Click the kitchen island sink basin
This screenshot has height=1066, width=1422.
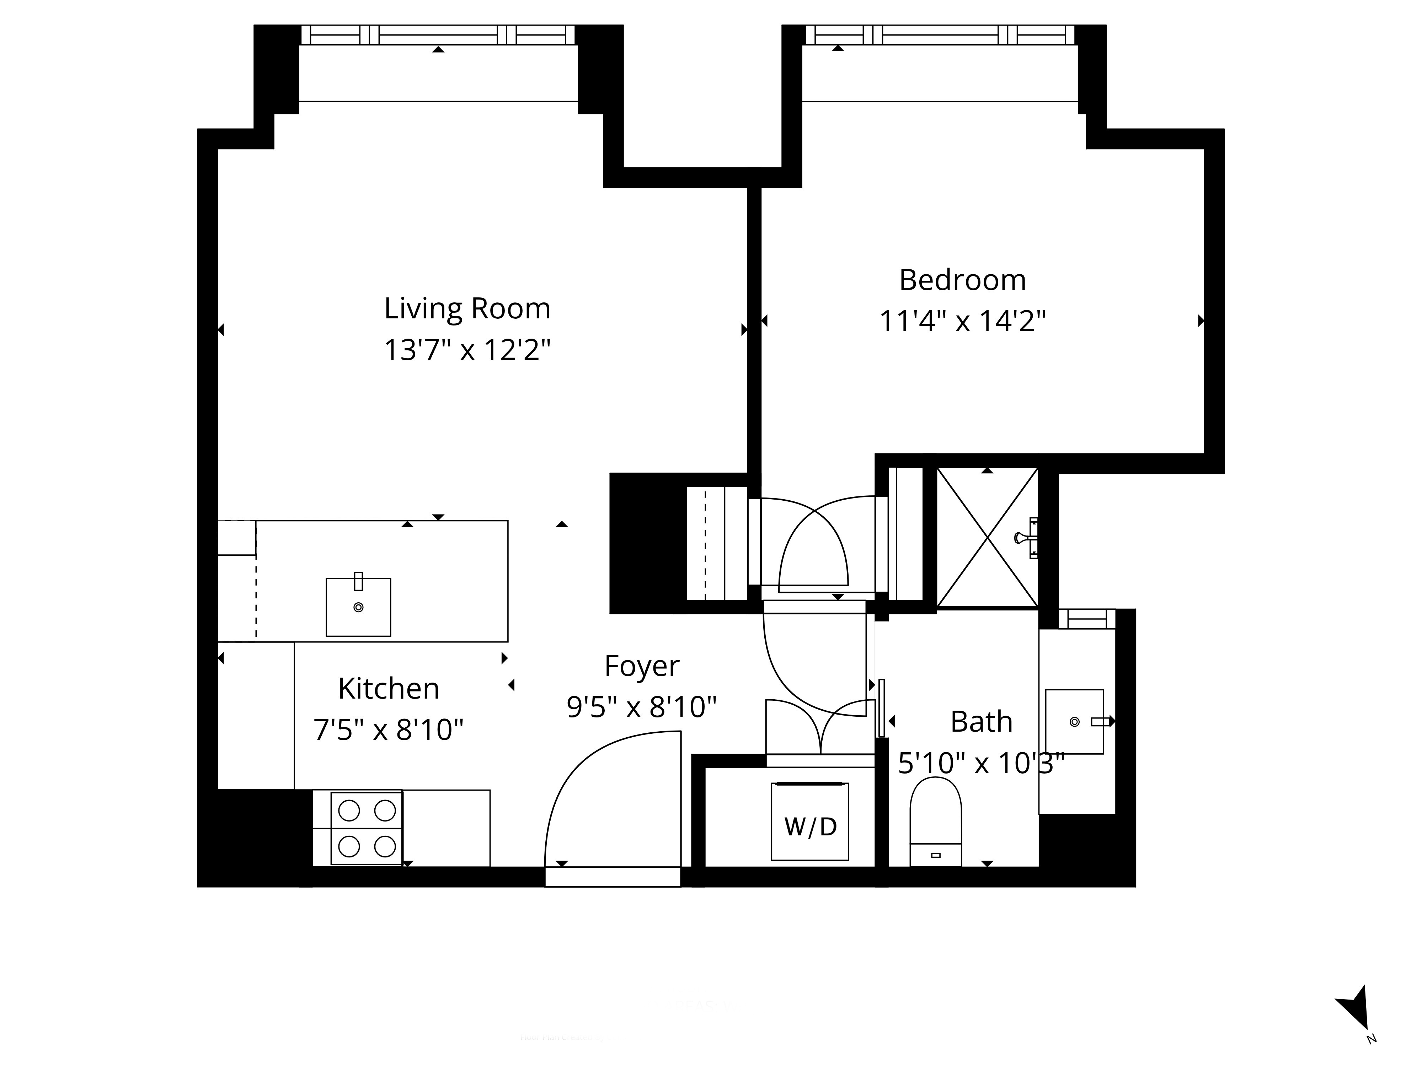(x=358, y=607)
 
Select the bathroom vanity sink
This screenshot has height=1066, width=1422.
(x=1074, y=722)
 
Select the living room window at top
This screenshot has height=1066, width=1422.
(x=438, y=35)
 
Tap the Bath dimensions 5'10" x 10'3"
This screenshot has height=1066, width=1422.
(x=981, y=763)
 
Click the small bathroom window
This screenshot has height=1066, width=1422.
(x=1086, y=619)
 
